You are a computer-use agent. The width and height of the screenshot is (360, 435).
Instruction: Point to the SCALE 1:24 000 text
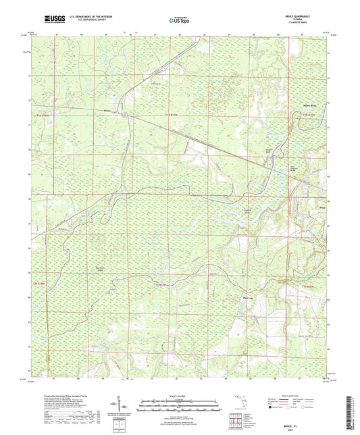click(180, 394)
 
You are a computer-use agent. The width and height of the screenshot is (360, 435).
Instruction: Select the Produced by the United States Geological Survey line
click(60, 394)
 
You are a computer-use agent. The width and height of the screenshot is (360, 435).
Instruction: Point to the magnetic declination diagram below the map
click(126, 405)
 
